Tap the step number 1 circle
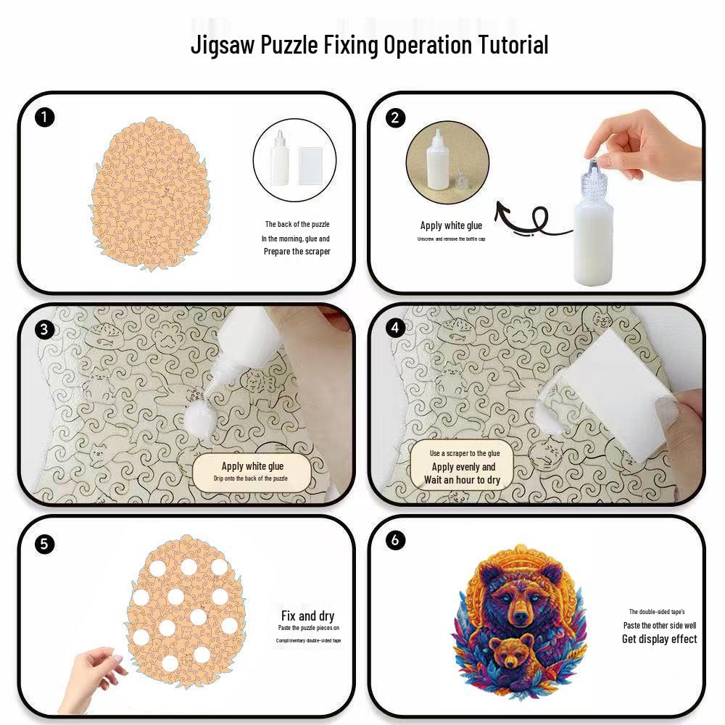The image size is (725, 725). (x=44, y=117)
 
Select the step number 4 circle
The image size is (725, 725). (x=395, y=328)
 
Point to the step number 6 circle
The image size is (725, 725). (x=395, y=539)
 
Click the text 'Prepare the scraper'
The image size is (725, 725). (x=297, y=252)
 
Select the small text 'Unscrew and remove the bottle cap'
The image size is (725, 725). (x=451, y=239)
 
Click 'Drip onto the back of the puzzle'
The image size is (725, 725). (x=251, y=478)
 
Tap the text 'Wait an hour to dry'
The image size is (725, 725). (x=463, y=480)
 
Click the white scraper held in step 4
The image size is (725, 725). (x=613, y=393)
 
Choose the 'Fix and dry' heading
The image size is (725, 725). (x=307, y=616)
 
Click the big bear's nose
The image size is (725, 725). (x=521, y=617)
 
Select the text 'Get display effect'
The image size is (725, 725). (x=659, y=639)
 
